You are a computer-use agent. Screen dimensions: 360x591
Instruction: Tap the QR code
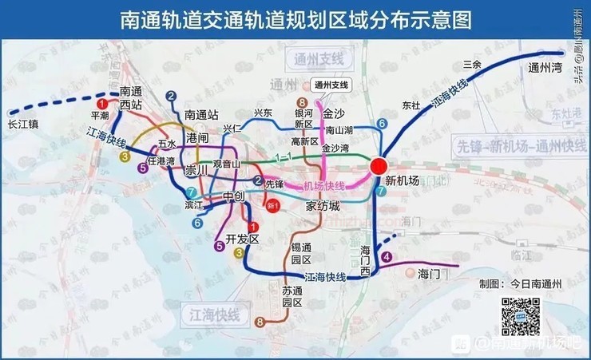tap(521, 316)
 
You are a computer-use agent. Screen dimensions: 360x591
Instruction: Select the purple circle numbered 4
tap(387, 256)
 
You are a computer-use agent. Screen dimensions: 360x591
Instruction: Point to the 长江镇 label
tap(23, 125)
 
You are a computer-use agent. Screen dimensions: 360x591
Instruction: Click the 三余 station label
tap(472, 64)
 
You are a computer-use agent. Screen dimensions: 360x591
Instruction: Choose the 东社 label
tap(411, 105)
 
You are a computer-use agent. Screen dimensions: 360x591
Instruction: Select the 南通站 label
tap(200, 114)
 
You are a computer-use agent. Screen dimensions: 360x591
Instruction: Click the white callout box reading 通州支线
tap(331, 85)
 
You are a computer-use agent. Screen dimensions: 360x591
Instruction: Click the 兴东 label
tap(263, 113)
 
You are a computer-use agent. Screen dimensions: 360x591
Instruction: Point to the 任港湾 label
tap(161, 160)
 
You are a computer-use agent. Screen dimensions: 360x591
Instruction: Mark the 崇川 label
tap(196, 170)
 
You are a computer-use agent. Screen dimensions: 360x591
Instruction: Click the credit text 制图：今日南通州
tap(520, 283)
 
